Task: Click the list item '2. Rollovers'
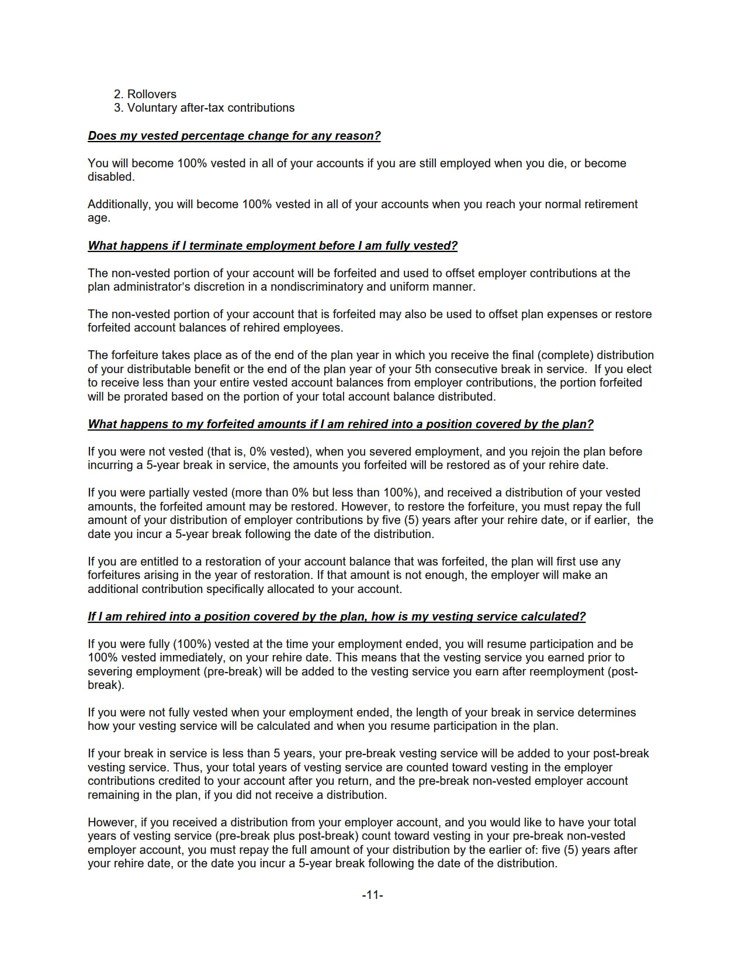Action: tap(145, 94)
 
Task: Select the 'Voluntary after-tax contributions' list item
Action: tap(210, 108)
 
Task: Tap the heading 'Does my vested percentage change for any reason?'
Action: tap(234, 136)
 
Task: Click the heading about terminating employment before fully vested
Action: tap(272, 246)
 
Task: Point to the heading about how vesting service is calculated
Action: tap(337, 616)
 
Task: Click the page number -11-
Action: tap(372, 895)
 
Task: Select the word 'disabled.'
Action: tap(111, 177)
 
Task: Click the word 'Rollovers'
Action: tap(151, 94)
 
